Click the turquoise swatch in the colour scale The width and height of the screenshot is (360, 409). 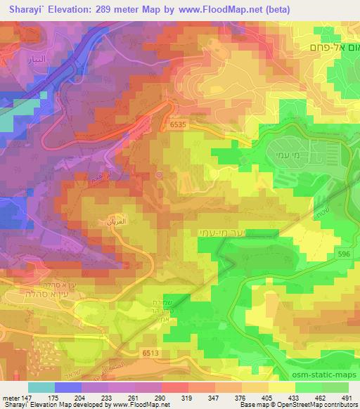pyautogui.click(x=41, y=387)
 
